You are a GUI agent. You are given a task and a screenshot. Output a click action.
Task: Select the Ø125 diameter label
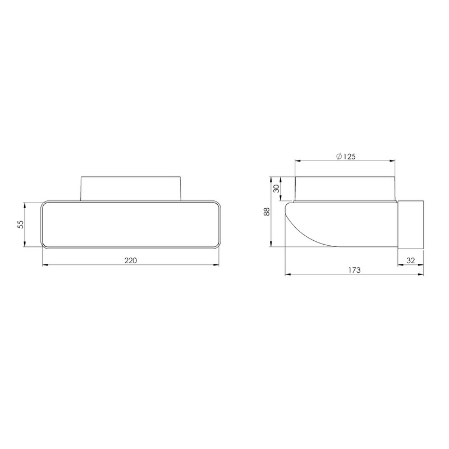pyautogui.click(x=346, y=157)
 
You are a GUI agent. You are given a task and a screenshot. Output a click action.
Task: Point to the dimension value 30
pyautogui.click(x=276, y=189)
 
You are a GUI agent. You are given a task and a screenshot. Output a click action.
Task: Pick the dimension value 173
pyautogui.click(x=354, y=270)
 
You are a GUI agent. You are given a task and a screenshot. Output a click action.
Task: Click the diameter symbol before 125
pyautogui.click(x=339, y=157)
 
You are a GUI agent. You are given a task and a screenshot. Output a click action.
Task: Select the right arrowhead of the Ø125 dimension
pyautogui.click(x=395, y=161)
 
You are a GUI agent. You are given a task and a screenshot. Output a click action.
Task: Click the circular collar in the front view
pyautogui.click(x=131, y=188)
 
